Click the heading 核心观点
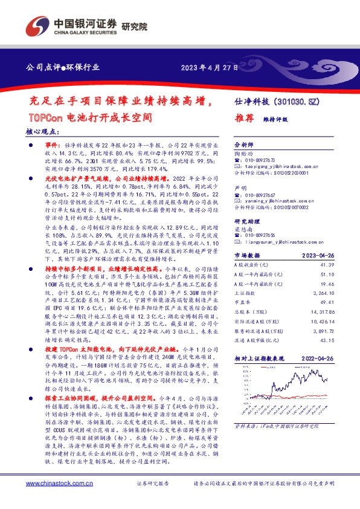point(43,131)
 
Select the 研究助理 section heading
point(246,221)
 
